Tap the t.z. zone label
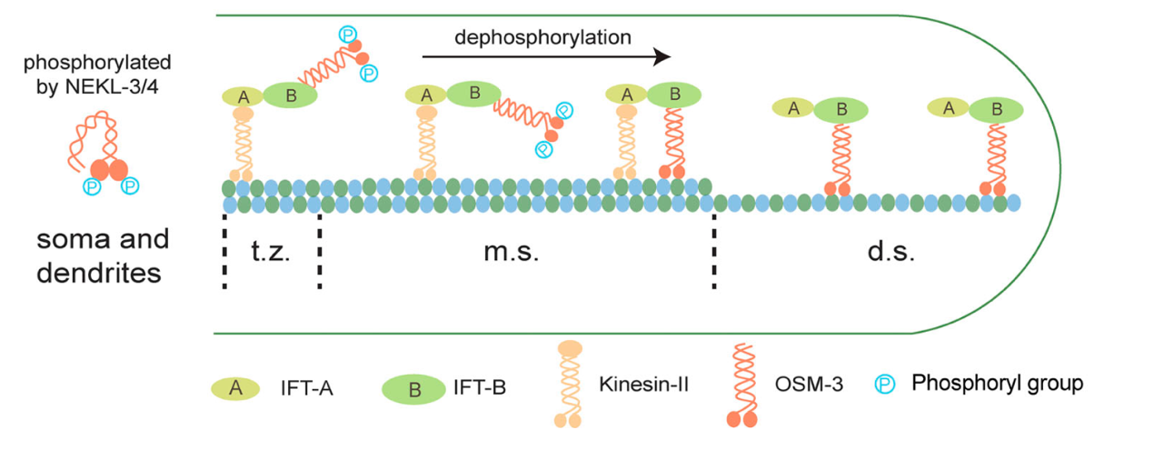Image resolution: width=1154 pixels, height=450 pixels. tap(270, 252)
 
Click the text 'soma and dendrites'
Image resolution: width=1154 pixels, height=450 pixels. tap(102, 255)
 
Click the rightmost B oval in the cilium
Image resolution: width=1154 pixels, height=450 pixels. tap(996, 110)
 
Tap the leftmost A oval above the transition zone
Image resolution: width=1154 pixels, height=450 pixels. tap(242, 96)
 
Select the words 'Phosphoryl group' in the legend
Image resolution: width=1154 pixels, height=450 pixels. tap(997, 384)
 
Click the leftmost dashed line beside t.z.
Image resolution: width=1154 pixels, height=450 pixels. tap(224, 252)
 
